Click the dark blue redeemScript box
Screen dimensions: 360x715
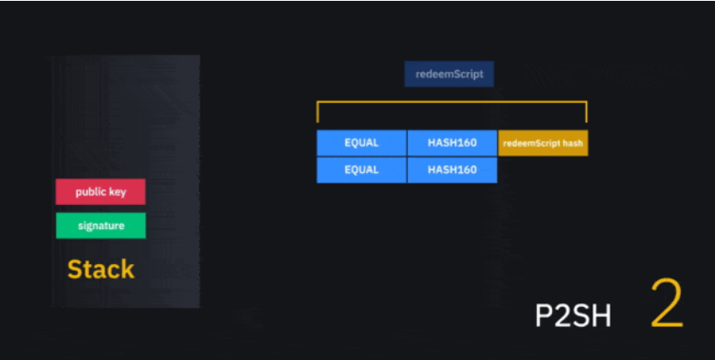(x=449, y=74)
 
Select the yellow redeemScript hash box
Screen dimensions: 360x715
(x=544, y=143)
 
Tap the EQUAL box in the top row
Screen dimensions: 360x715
(x=362, y=143)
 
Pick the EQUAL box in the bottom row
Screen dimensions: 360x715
(x=362, y=170)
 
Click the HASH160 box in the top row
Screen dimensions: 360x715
(x=453, y=143)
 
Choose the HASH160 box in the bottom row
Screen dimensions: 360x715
(x=453, y=170)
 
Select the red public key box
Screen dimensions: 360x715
(x=100, y=192)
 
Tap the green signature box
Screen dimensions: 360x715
(x=100, y=225)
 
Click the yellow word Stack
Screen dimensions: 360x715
(x=101, y=269)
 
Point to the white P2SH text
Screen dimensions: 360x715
(x=574, y=315)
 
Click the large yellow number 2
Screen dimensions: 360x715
(x=666, y=303)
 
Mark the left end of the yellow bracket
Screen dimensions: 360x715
(x=318, y=112)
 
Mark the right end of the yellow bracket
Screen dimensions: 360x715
(x=586, y=112)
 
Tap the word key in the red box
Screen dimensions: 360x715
(x=117, y=192)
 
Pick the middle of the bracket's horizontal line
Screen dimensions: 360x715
(x=452, y=103)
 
